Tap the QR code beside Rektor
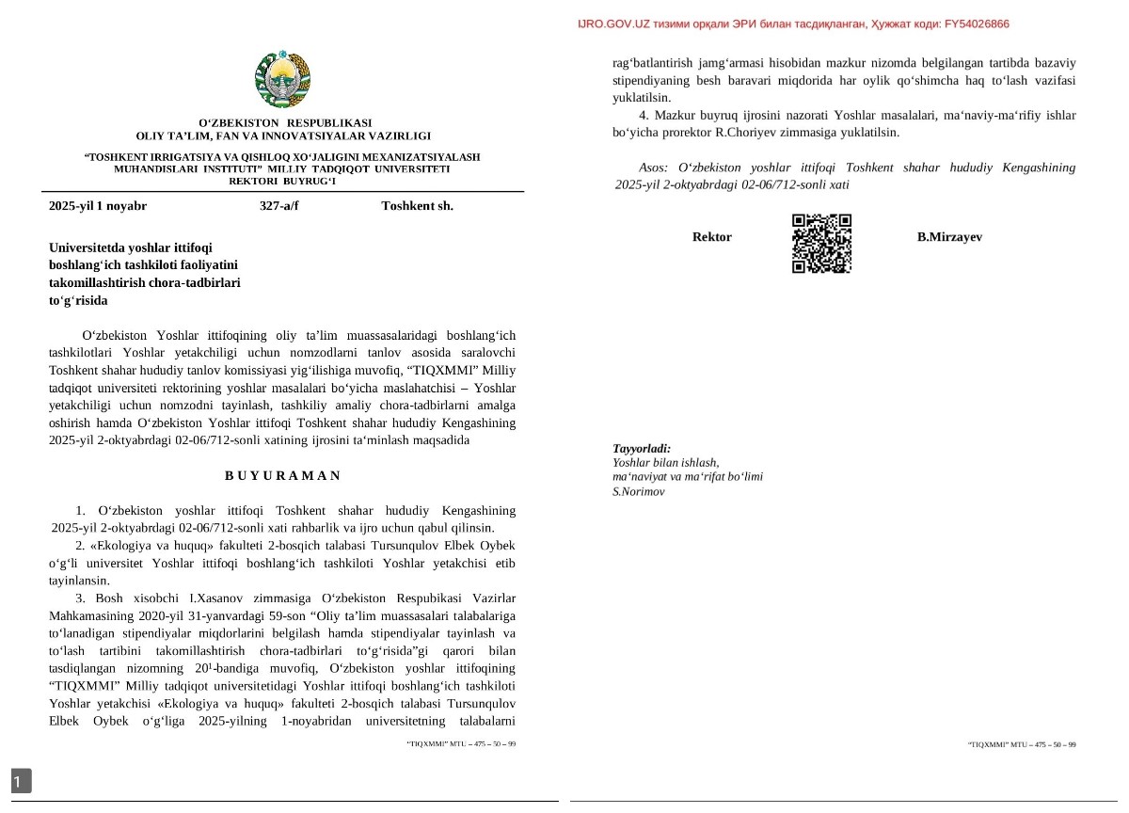click(821, 243)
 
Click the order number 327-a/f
click(279, 205)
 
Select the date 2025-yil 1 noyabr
click(98, 205)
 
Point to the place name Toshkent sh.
click(417, 205)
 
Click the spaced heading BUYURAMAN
click(282, 475)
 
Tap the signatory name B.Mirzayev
click(949, 237)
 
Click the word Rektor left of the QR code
click(711, 237)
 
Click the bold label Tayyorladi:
click(642, 449)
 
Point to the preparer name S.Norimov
click(639, 491)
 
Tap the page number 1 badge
click(21, 780)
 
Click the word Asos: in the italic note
click(655, 167)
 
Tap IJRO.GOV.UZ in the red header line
click(616, 24)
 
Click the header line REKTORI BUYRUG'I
click(282, 180)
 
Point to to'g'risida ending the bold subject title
click(78, 300)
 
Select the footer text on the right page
click(1022, 744)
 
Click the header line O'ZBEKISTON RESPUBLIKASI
click(284, 123)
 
